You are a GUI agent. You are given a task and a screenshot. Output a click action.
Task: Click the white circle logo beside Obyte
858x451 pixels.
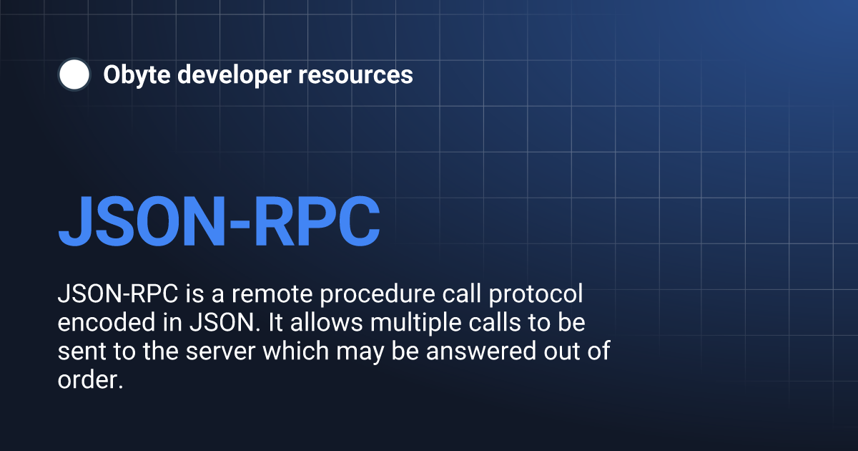[74, 74]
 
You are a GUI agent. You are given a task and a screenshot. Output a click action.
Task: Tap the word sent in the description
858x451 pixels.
[78, 351]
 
